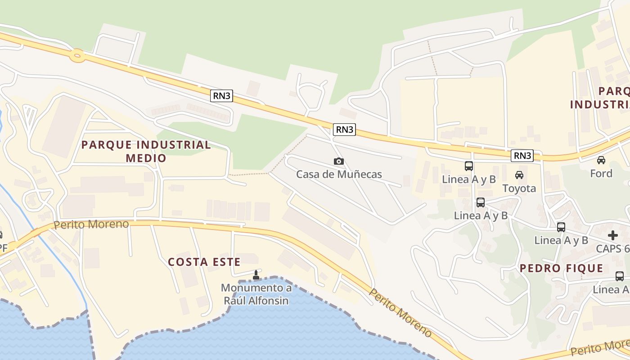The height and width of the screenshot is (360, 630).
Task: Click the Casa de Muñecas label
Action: tap(339, 175)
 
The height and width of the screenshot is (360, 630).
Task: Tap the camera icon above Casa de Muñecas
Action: tap(339, 161)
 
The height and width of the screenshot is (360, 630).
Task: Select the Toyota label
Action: tap(519, 188)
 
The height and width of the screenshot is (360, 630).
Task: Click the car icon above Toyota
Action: tap(519, 175)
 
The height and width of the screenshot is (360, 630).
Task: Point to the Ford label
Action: tap(601, 173)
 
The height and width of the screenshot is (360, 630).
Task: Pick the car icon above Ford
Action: tap(601, 160)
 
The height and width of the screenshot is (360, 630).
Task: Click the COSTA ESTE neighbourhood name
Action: tap(201, 262)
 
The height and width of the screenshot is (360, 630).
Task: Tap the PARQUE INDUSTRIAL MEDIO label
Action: tap(146, 151)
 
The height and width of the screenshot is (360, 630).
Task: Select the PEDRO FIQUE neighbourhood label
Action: tap(561, 269)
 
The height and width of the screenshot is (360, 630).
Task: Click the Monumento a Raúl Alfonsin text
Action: tap(256, 294)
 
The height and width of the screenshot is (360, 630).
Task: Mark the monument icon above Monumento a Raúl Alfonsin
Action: tap(256, 275)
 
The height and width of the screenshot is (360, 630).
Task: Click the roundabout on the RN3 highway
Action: tap(77, 56)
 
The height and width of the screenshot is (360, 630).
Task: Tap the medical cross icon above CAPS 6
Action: tap(613, 235)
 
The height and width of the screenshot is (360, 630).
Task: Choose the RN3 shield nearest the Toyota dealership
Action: tap(522, 156)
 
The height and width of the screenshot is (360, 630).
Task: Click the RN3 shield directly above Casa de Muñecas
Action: tap(345, 130)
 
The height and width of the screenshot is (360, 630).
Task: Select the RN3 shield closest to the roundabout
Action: tap(221, 95)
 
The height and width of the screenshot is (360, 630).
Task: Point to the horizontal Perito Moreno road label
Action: tap(91, 224)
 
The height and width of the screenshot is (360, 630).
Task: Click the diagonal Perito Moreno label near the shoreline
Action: tap(400, 313)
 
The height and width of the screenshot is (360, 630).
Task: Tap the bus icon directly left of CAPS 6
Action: tap(561, 227)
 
